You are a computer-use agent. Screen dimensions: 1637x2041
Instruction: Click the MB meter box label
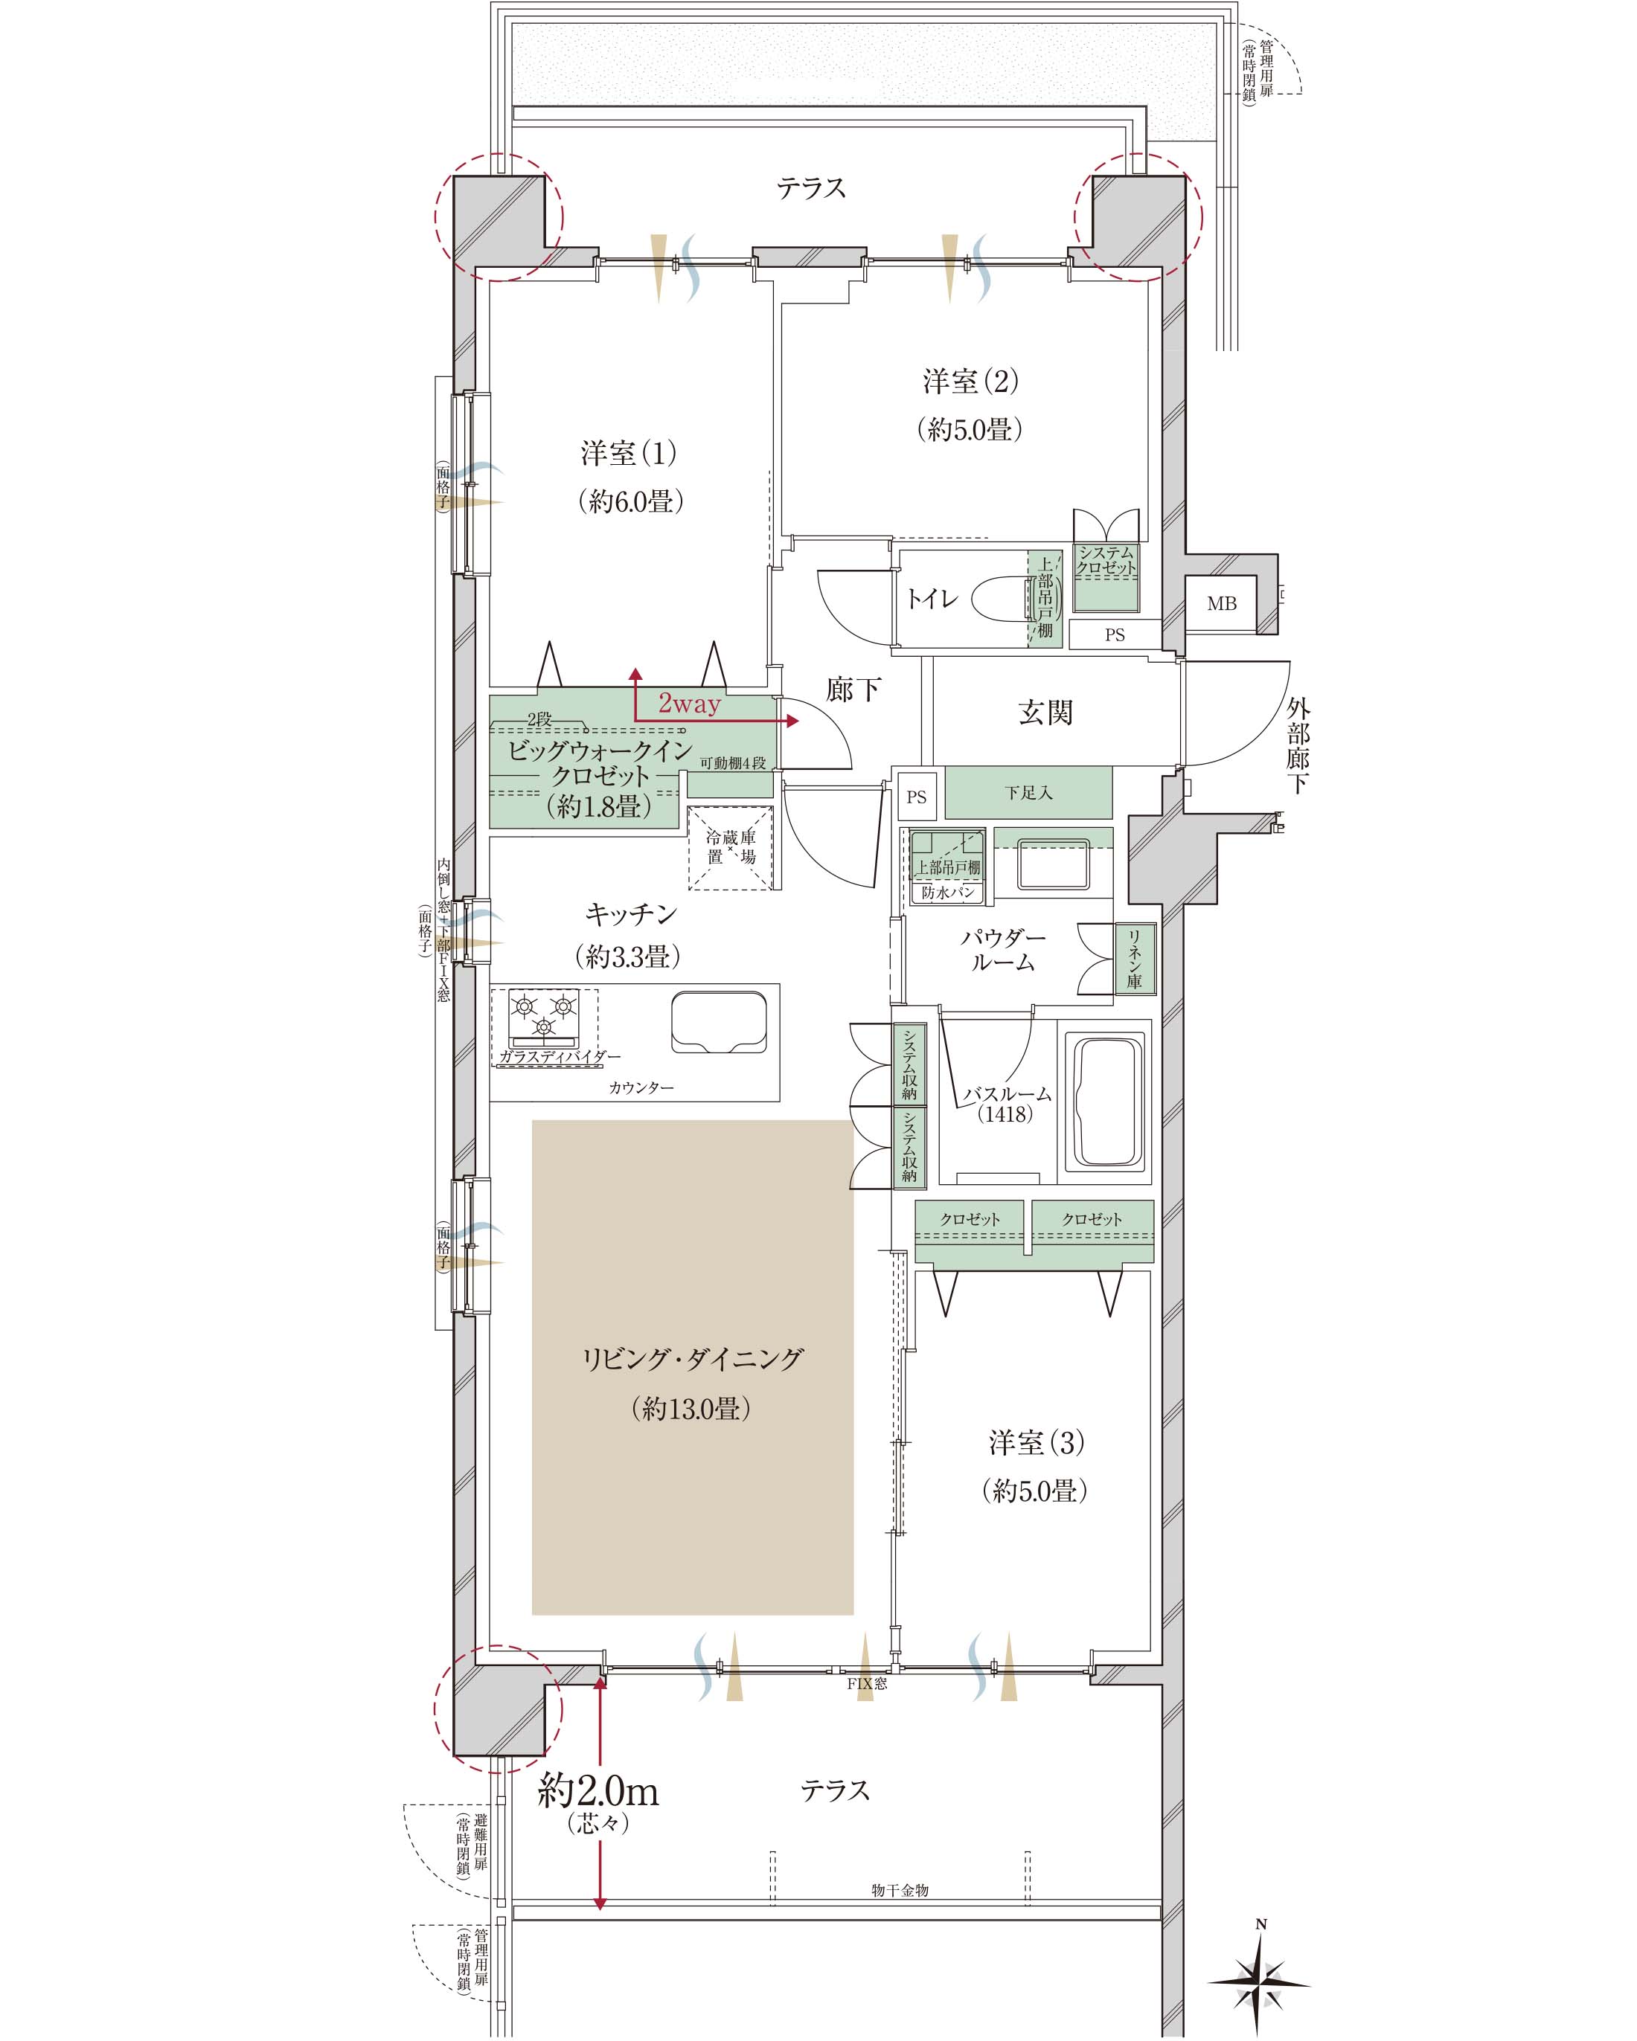click(1221, 603)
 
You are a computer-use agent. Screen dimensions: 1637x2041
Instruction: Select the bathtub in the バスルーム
click(1105, 1102)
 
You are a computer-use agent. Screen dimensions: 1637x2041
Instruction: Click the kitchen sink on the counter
click(719, 1021)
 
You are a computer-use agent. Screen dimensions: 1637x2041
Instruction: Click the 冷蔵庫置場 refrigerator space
click(731, 847)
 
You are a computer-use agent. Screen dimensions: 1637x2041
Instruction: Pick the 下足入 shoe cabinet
click(1028, 792)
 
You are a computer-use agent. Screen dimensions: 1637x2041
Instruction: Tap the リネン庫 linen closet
click(1134, 958)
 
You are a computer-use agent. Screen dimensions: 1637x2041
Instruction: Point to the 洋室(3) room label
click(1036, 1443)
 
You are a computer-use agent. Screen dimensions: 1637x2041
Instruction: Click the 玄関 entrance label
click(1045, 712)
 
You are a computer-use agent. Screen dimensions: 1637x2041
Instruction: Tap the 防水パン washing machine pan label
click(948, 892)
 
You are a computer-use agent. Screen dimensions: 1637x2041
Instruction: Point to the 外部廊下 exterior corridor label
click(1298, 746)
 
